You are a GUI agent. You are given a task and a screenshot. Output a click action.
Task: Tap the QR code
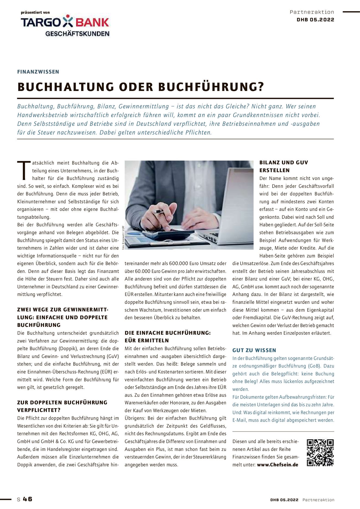click(320, 453)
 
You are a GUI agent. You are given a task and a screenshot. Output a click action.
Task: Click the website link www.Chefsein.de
click(277, 465)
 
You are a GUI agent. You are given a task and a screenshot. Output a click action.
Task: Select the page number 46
click(27, 499)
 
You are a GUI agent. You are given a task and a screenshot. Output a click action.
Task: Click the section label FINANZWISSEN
click(38, 72)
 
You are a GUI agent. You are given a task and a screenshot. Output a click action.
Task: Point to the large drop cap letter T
click(24, 171)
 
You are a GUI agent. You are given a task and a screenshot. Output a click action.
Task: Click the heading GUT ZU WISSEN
click(254, 350)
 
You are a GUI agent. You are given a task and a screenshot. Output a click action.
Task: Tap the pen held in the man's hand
click(159, 211)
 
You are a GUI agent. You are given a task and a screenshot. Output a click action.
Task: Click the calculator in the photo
click(168, 234)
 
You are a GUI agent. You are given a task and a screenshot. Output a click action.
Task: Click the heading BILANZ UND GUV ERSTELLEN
click(283, 166)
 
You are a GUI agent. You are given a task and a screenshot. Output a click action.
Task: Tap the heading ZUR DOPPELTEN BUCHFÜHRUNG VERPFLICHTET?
click(62, 406)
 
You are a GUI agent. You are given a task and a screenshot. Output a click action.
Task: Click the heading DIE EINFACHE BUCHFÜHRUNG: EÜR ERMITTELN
click(168, 337)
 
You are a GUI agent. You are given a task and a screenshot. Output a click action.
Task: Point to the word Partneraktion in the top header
click(312, 12)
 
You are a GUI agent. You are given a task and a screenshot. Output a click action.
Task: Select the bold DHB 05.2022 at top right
click(315, 20)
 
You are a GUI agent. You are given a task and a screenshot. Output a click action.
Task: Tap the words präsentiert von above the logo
click(35, 12)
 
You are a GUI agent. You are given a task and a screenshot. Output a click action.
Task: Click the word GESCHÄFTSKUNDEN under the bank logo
click(77, 34)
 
